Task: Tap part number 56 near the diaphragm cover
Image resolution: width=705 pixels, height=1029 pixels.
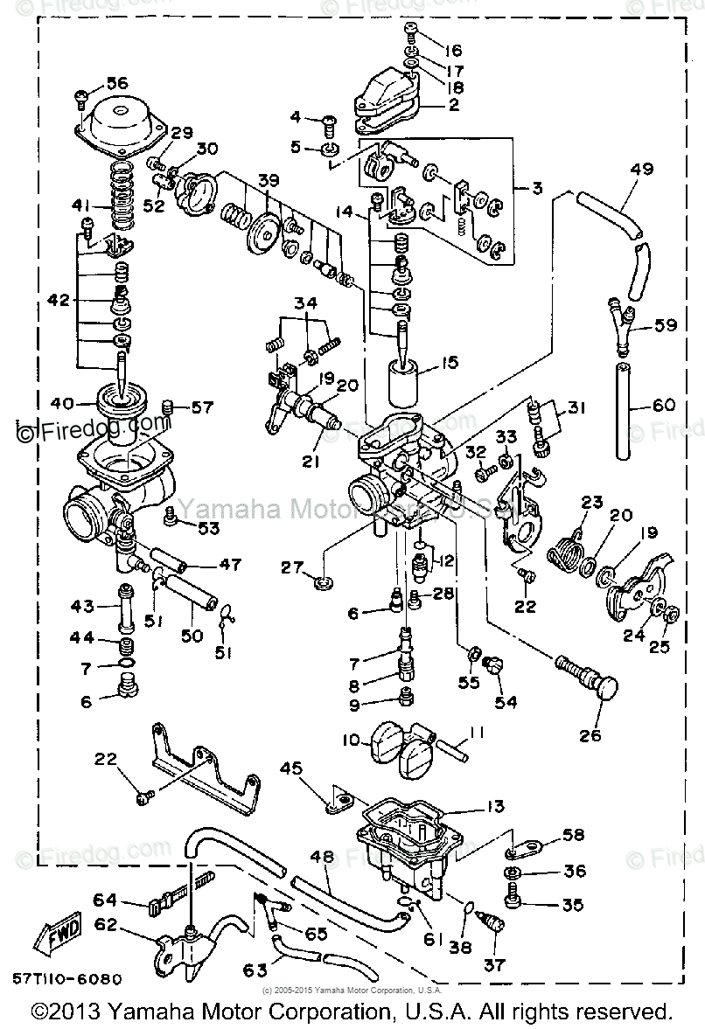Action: [x=116, y=83]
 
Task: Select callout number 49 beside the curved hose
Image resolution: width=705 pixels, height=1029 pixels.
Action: [x=641, y=170]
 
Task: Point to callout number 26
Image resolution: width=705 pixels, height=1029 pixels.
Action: [x=590, y=735]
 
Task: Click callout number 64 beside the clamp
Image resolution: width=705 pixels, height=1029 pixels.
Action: [x=105, y=898]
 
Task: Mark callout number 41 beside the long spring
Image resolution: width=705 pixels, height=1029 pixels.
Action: [x=80, y=206]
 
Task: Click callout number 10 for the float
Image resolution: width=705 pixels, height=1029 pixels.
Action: [x=351, y=740]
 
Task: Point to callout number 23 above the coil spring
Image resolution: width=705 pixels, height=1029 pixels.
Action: [x=592, y=503]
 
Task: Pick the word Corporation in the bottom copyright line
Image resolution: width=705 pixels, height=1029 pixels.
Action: [x=320, y=1012]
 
